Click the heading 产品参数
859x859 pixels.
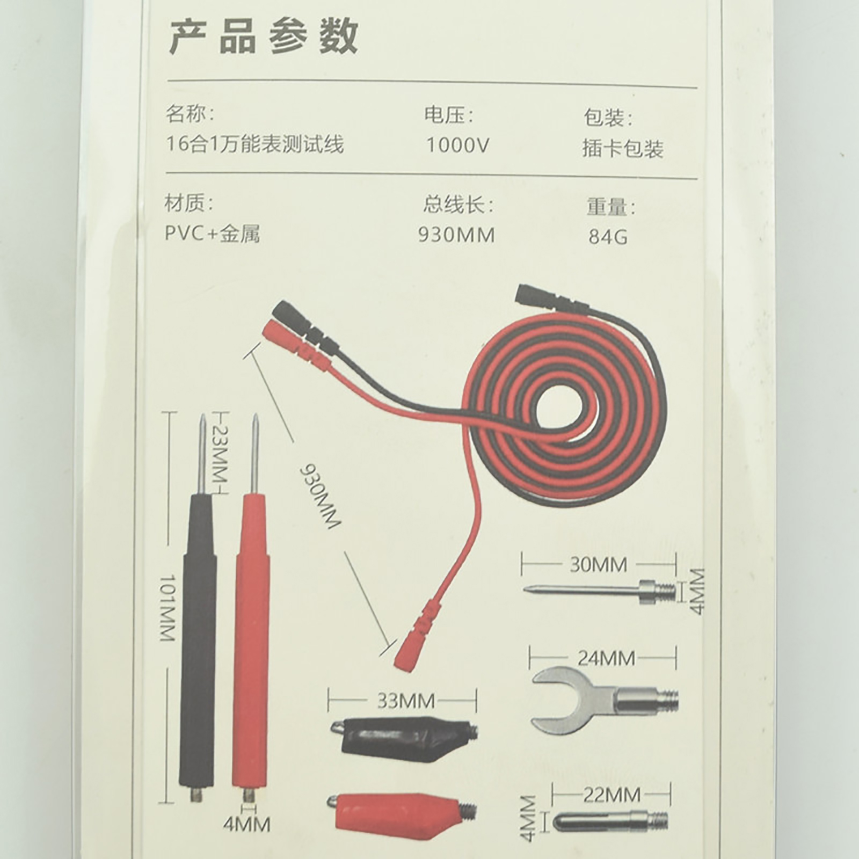pyautogui.click(x=264, y=37)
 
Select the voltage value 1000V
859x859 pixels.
pyautogui.click(x=458, y=145)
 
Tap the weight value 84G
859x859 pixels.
pyautogui.click(x=608, y=237)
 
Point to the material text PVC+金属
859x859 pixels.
pyautogui.click(x=213, y=234)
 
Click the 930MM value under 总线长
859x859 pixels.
pyautogui.click(x=457, y=235)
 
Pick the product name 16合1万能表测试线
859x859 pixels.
pyautogui.click(x=254, y=144)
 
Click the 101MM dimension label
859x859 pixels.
pyautogui.click(x=168, y=608)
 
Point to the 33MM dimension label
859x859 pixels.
pyautogui.click(x=406, y=701)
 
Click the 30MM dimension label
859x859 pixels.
pyautogui.click(x=598, y=565)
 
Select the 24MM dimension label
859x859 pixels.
pyautogui.click(x=606, y=658)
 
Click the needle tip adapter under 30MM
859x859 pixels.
pyautogui.click(x=599, y=591)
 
